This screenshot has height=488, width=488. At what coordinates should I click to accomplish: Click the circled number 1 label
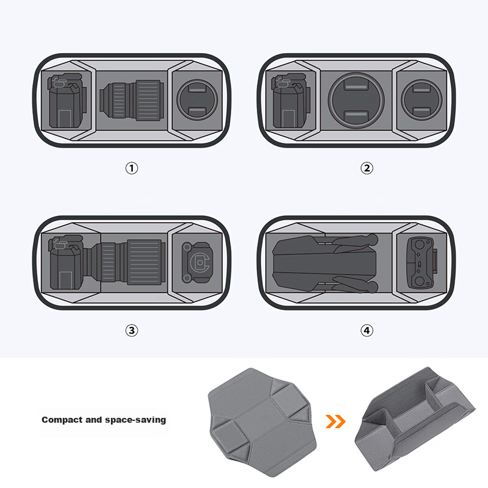point(132,168)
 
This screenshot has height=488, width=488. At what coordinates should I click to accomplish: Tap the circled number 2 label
point(367,168)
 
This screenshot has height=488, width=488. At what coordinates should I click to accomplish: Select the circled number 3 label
point(132,330)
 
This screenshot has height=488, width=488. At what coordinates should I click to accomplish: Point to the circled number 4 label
point(367,330)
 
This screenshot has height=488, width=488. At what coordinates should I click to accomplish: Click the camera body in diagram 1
point(66,101)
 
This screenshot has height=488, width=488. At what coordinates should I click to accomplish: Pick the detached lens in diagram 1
point(132,100)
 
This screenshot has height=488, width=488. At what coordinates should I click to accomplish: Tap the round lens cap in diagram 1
point(197,100)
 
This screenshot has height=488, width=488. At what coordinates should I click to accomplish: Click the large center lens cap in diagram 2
point(356,100)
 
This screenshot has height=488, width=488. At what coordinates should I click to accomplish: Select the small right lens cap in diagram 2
point(422,100)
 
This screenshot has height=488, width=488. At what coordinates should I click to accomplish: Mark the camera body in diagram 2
point(291,101)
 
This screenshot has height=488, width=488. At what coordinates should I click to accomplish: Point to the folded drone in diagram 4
point(325,264)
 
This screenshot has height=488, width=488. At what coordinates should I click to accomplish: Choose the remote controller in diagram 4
point(422,263)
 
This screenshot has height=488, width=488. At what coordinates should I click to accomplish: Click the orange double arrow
point(335,422)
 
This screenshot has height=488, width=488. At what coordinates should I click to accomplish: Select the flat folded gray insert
point(262,422)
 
